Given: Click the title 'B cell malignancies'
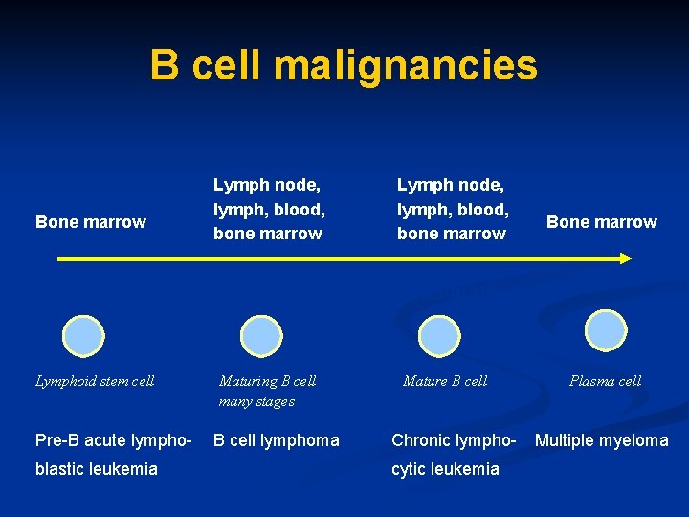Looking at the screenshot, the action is pos(344,66).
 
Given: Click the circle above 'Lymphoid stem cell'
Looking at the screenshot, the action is pos(83,335).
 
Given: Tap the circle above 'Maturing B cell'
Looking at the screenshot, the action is pos(261,336).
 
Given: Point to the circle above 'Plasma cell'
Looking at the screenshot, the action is pos(605,330).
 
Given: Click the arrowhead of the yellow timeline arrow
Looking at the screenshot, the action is pos(624,258).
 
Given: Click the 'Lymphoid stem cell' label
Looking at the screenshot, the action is pos(95,381).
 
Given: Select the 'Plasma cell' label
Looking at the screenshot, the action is pos(605,381).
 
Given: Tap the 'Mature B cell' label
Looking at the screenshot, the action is pos(445,381).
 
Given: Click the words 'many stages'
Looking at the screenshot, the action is pos(256,401).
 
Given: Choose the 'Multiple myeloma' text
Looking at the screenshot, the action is pos(602,440).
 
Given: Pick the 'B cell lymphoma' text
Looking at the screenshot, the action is pos(276,440).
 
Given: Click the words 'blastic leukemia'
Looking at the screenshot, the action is pos(96,468).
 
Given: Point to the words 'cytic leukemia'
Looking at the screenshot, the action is pos(445,468).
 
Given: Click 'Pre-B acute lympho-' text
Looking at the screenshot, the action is pos(114,440).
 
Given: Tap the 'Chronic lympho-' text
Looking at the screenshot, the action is pos(454,440).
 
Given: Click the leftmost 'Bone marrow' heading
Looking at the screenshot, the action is pos(91,222).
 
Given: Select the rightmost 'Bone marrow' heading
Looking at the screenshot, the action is pos(602,222).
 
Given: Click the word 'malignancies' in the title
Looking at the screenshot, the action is pos(405,66).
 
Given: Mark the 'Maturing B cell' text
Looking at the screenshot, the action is pos(268,381).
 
